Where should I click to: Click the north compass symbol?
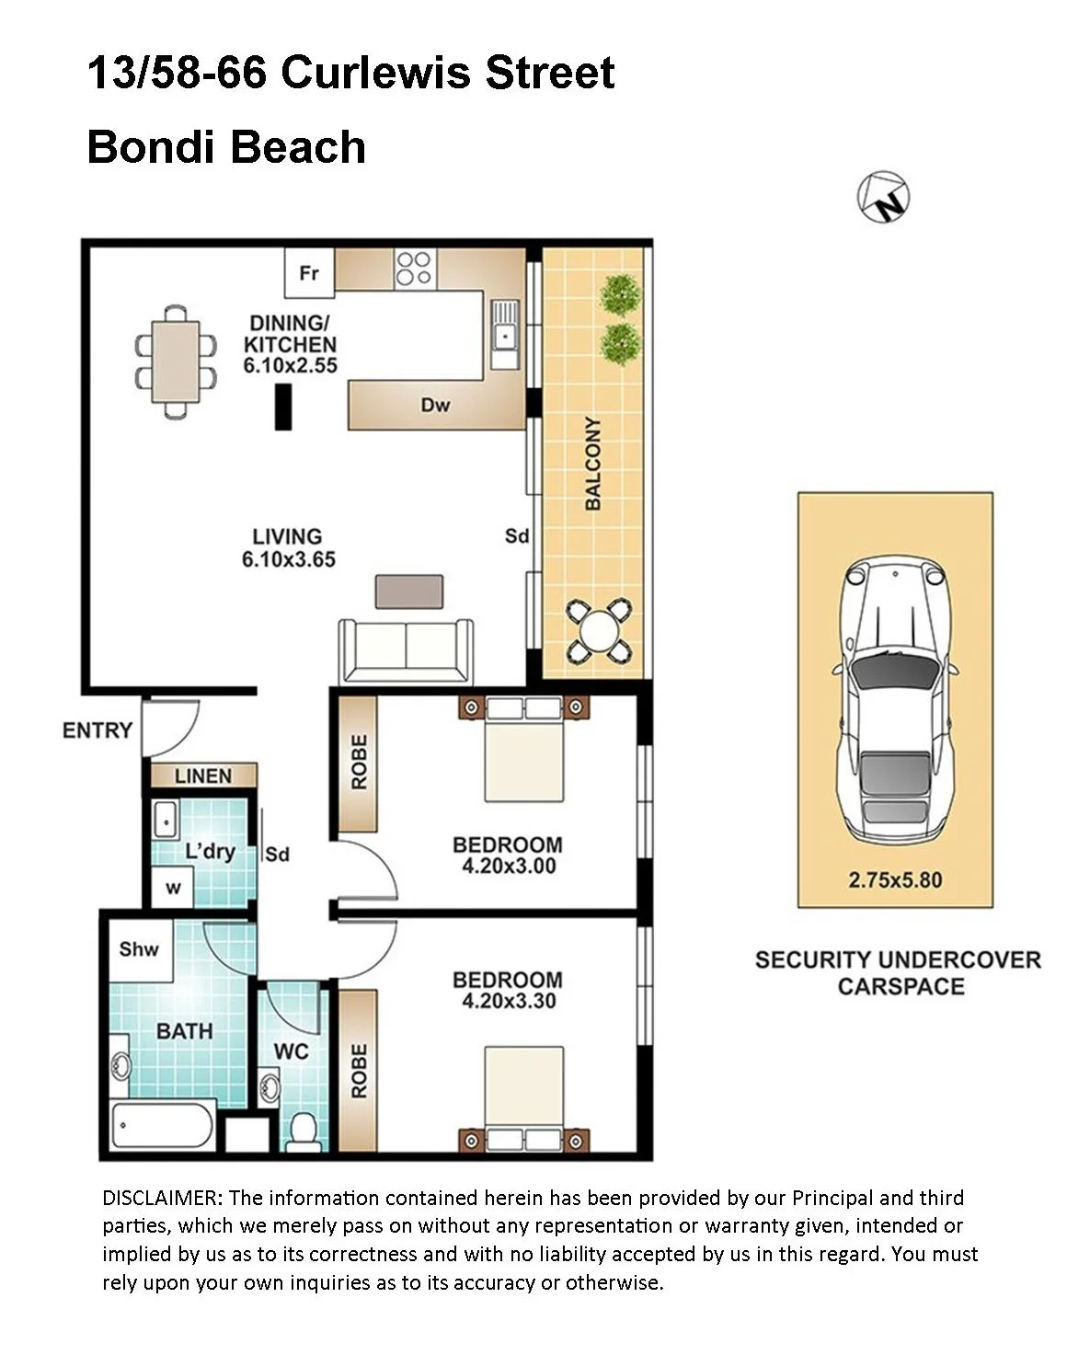883,197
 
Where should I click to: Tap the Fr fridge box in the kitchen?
309,272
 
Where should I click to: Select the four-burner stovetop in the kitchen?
415,269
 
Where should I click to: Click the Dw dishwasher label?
436,405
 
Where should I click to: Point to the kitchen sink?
505,334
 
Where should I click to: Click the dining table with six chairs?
176,362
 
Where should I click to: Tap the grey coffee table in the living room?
409,591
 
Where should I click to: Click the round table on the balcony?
600,631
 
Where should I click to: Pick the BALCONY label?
593,463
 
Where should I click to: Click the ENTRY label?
98,730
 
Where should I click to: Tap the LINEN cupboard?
203,775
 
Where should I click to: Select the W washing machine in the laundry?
173,889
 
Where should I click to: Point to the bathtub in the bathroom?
163,1126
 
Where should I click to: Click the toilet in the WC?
304,1131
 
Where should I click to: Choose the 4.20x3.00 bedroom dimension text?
510,866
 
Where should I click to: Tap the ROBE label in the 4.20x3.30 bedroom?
359,1071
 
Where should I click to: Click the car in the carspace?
895,699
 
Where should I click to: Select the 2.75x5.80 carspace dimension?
895,879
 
